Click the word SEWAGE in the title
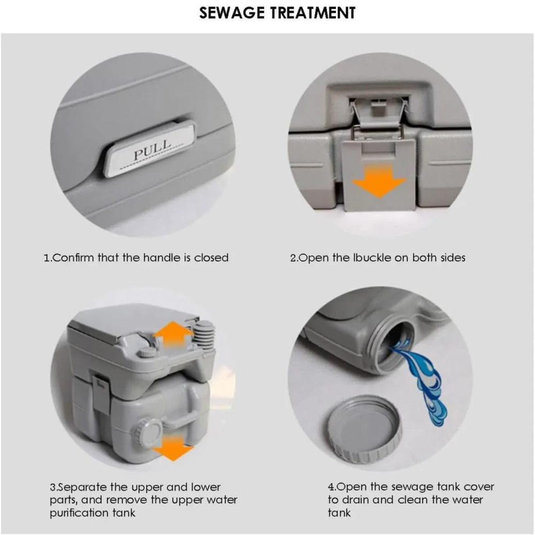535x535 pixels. (232, 13)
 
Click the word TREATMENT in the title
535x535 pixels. (313, 13)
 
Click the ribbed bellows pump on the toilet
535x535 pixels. (204, 333)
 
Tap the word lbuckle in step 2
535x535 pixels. (372, 257)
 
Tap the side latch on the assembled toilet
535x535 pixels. (101, 392)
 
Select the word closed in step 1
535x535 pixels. (211, 257)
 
